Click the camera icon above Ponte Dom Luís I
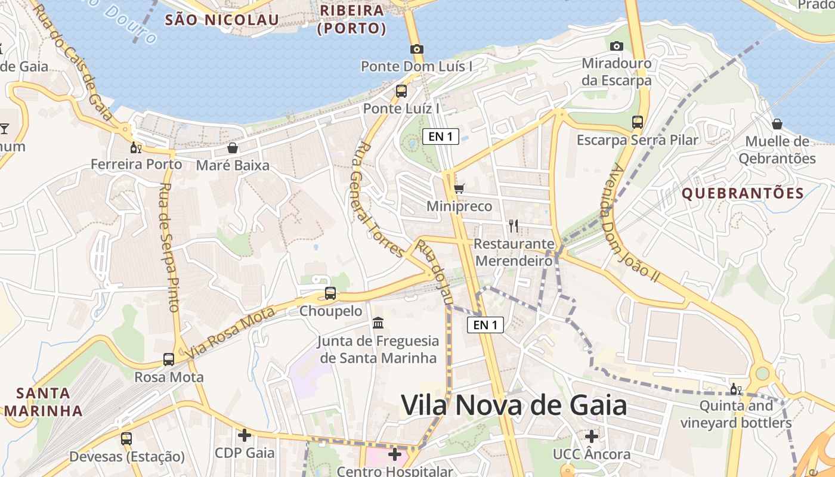[416, 49]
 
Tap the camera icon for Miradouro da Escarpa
[617, 46]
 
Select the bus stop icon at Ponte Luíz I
[401, 91]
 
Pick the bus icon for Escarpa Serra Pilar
[638, 122]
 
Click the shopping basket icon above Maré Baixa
[233, 147]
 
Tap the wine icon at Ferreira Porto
[137, 147]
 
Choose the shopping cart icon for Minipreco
[459, 189]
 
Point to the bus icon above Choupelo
[330, 293]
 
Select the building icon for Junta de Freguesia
[378, 323]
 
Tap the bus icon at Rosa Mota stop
[169, 360]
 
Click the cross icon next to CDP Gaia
[244, 435]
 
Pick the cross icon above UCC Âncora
[591, 436]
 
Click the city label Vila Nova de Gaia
[514, 405]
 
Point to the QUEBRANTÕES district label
[743, 193]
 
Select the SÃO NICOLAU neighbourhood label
[222, 20]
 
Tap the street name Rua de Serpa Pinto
[169, 247]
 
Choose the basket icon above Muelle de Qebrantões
[777, 124]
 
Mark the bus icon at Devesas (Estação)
[126, 439]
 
